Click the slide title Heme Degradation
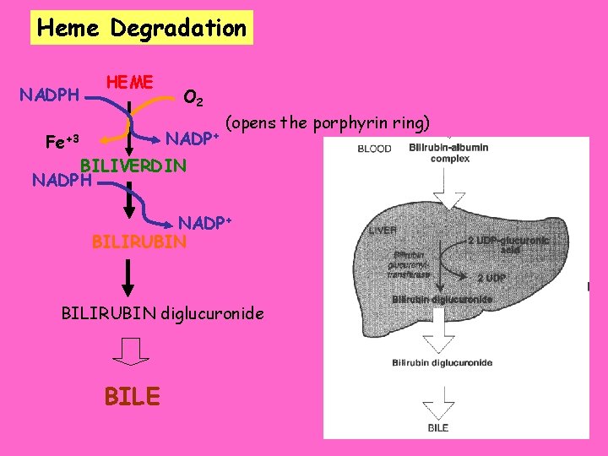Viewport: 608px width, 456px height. pyautogui.click(x=142, y=28)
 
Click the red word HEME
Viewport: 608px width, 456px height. pyautogui.click(x=129, y=82)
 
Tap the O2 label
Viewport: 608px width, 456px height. pyautogui.click(x=193, y=99)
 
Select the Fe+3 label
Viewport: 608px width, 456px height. pyautogui.click(x=62, y=140)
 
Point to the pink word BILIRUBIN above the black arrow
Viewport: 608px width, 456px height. pyautogui.click(x=138, y=242)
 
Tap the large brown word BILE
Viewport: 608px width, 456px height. pyautogui.click(x=131, y=395)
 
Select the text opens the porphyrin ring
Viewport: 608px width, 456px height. pyautogui.click(x=328, y=123)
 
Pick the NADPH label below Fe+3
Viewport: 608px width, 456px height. pyautogui.click(x=60, y=180)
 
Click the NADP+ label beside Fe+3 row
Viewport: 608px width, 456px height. pyautogui.click(x=192, y=138)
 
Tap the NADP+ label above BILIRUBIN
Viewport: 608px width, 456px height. pyautogui.click(x=205, y=224)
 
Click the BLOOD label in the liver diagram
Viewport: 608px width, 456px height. pyautogui.click(x=374, y=148)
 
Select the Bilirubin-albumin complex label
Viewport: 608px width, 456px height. pyautogui.click(x=448, y=153)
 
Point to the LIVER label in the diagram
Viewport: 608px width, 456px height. pyautogui.click(x=383, y=230)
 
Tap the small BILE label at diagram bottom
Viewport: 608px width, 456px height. pyautogui.click(x=438, y=427)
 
